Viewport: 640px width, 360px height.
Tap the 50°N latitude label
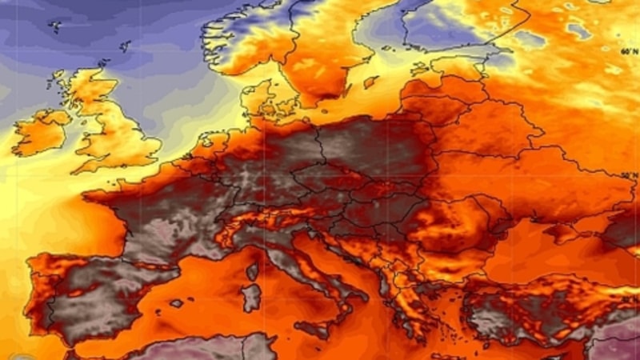point(630,174)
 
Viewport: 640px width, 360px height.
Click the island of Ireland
point(40,132)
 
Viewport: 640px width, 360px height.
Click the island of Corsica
point(253,271)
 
